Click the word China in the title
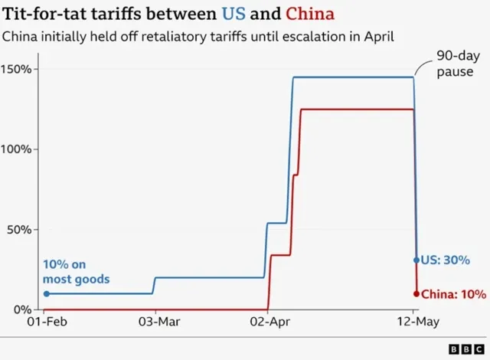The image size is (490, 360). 310,15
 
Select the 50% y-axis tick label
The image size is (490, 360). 21,229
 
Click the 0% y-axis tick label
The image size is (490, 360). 24,309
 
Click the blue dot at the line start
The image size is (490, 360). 46,293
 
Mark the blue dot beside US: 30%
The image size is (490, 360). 416,260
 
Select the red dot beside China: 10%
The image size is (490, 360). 416,293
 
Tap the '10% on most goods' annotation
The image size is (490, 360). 76,272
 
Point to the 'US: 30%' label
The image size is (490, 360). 446,260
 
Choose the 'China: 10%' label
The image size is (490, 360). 452,293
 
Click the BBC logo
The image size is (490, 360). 462,349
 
